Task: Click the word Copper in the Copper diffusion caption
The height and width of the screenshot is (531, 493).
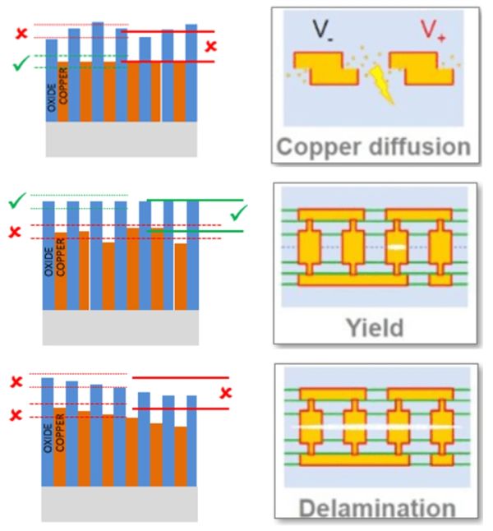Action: (318, 148)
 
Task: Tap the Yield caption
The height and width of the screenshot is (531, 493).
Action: (375, 328)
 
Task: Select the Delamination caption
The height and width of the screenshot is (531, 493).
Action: (377, 509)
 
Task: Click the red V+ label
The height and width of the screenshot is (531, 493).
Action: (432, 30)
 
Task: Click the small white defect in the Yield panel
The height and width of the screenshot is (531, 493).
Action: (396, 247)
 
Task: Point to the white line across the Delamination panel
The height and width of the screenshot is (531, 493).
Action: (376, 427)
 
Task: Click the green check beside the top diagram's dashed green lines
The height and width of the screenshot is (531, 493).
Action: (21, 63)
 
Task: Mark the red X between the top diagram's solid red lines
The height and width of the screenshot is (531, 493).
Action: (210, 46)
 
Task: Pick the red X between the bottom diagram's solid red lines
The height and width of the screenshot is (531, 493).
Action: (226, 393)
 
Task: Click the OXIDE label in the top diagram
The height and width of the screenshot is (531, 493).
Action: (52, 98)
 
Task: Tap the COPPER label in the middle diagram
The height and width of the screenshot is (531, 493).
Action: (60, 257)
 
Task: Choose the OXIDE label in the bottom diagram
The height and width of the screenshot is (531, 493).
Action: (48, 439)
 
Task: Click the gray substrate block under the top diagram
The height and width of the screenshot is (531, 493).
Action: (122, 139)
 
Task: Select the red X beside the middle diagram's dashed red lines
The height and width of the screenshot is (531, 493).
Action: (15, 233)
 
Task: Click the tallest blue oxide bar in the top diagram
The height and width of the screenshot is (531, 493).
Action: (98, 72)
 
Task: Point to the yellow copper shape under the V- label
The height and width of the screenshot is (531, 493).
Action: (325, 68)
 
